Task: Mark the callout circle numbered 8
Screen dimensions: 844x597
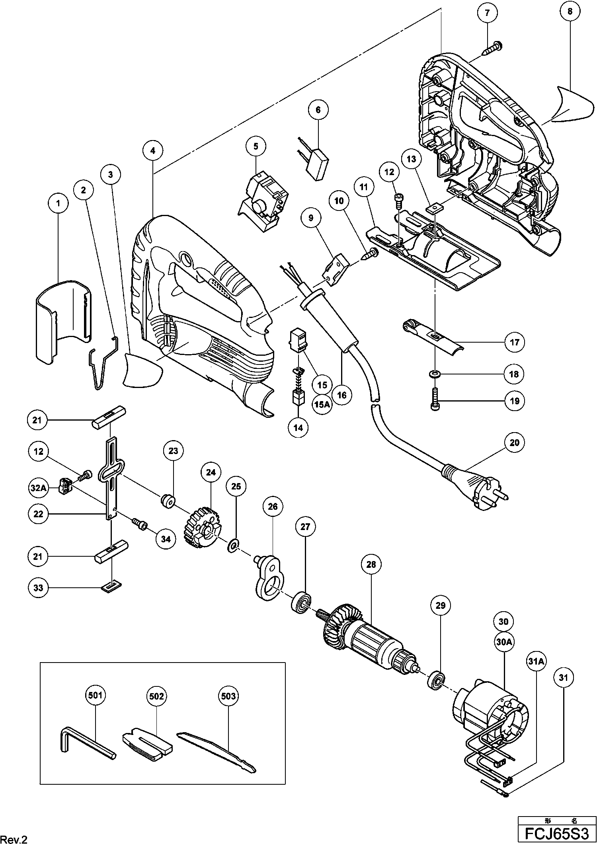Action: pos(570,12)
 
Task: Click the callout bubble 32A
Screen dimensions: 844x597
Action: pos(38,488)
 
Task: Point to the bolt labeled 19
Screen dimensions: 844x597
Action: pos(435,399)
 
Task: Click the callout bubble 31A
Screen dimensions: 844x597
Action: pos(536,662)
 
